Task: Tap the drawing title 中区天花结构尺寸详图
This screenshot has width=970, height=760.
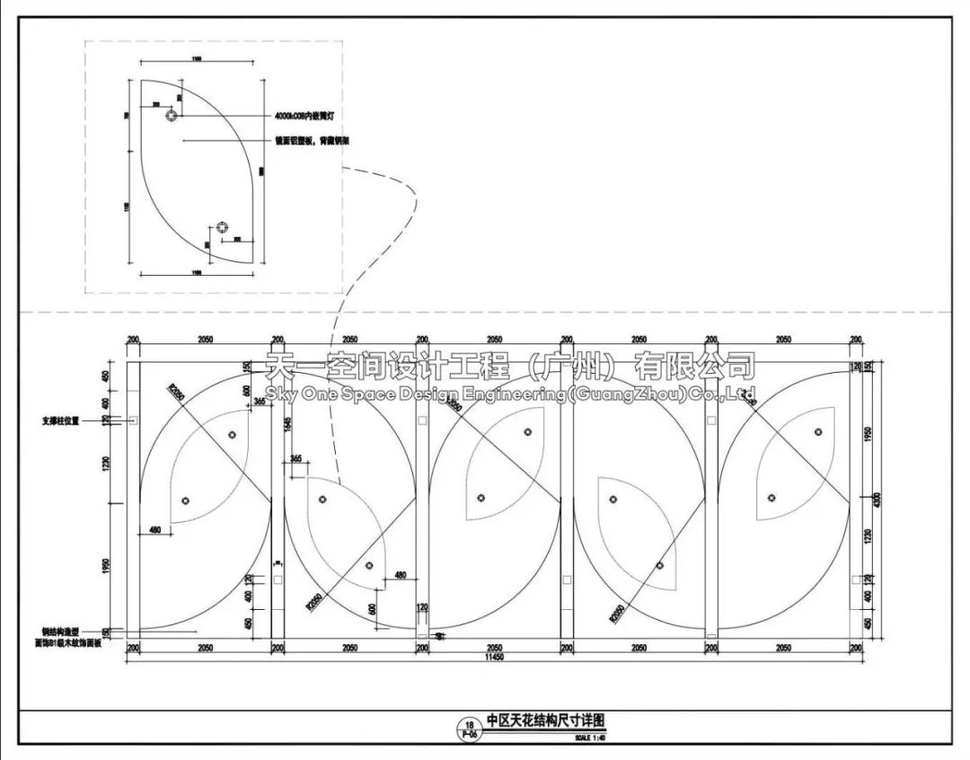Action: pos(546,720)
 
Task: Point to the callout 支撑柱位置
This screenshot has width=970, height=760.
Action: pos(61,420)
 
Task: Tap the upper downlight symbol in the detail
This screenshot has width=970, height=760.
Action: pos(171,115)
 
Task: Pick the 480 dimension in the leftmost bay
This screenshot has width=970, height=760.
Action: pos(155,529)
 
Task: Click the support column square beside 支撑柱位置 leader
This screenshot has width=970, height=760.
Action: pos(133,420)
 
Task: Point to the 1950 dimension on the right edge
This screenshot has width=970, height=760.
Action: pos(866,433)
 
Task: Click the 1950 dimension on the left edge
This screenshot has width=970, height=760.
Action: pos(106,568)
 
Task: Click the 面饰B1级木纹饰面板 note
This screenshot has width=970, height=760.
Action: pos(67,644)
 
